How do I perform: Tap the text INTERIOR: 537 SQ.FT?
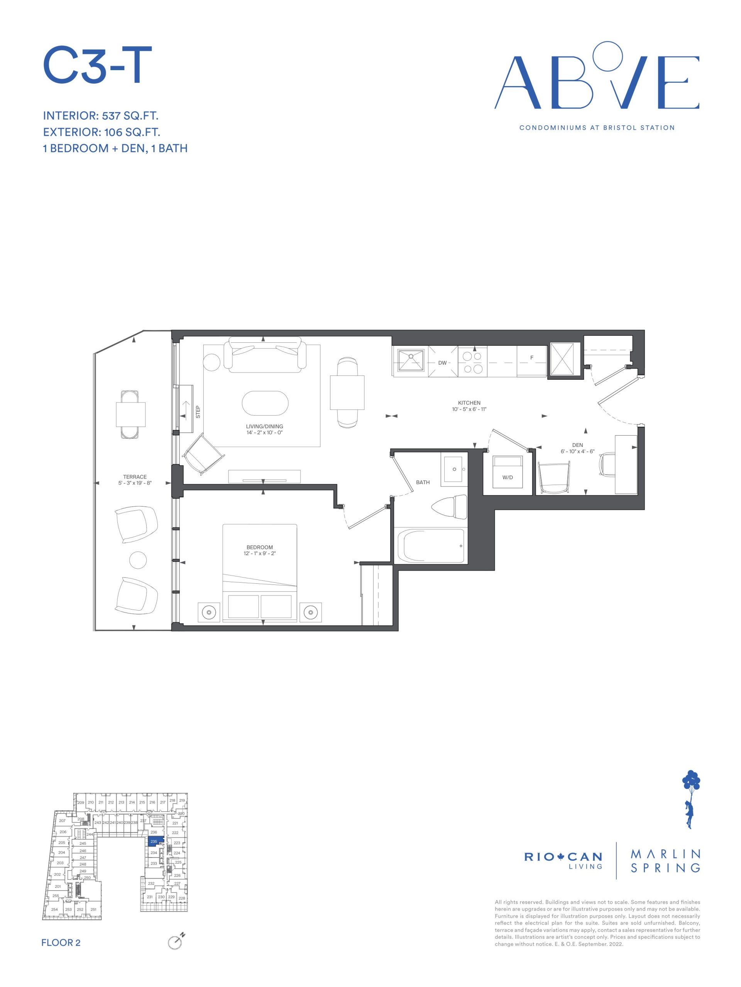[x=101, y=116]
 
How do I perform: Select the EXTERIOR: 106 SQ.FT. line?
[x=102, y=132]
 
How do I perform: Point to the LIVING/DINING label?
[x=264, y=426]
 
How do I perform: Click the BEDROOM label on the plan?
[x=259, y=547]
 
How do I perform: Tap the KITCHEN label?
[x=469, y=403]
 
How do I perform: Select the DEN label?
[x=577, y=445]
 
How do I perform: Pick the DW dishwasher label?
[x=442, y=363]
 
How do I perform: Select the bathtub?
[x=431, y=546]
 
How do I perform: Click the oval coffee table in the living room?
[x=265, y=403]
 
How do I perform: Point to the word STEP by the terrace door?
[x=198, y=411]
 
